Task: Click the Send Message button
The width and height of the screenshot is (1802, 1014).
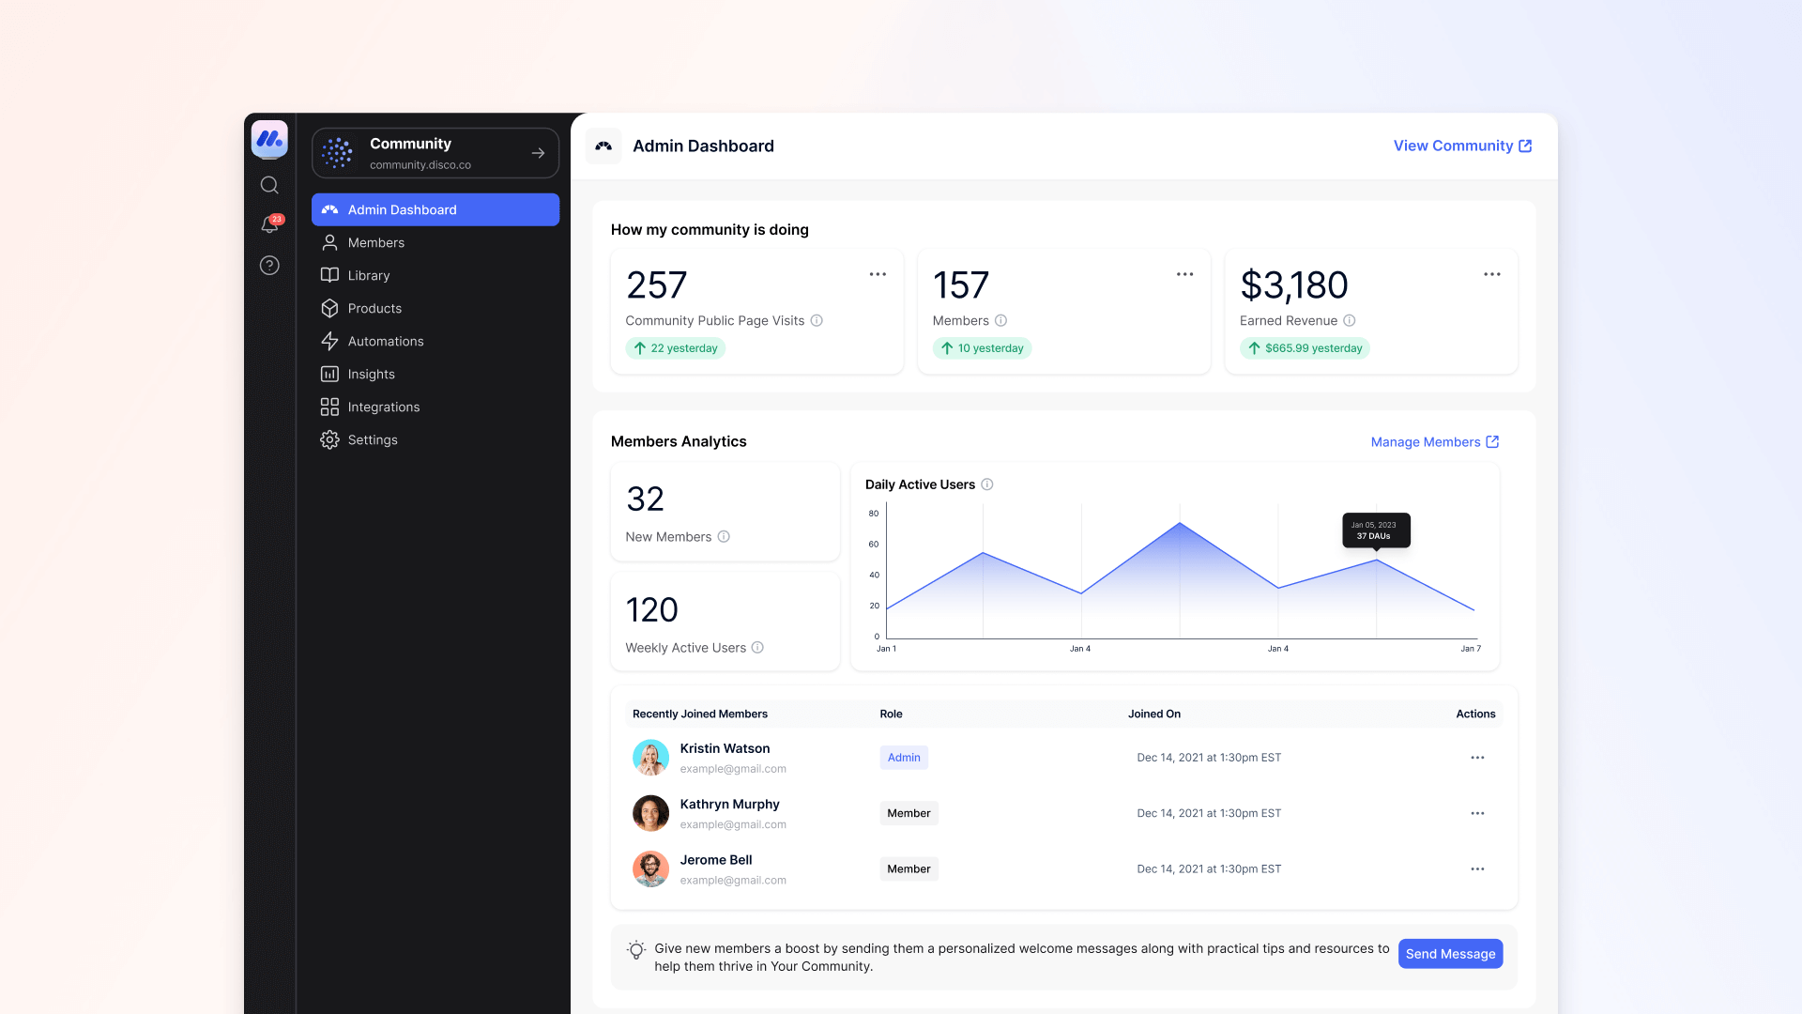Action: point(1450,954)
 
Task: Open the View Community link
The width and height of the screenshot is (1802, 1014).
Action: point(1461,146)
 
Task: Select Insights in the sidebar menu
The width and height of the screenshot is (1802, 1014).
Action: point(371,374)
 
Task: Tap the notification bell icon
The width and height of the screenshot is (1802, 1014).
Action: point(269,225)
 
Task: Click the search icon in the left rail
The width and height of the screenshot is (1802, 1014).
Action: point(269,185)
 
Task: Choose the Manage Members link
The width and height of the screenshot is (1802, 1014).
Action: point(1434,442)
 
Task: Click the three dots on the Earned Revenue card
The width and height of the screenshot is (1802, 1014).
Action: point(1491,274)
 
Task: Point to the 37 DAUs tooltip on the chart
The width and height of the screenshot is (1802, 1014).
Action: point(1376,530)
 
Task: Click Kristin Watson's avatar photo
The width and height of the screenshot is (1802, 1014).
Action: point(650,758)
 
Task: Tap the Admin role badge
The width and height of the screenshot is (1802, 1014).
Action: point(904,758)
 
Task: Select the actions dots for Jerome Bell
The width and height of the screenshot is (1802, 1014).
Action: point(1477,869)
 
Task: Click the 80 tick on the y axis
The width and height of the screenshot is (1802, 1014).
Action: point(874,514)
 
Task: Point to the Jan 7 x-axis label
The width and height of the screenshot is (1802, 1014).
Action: point(1471,649)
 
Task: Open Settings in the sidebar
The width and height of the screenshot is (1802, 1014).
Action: point(372,439)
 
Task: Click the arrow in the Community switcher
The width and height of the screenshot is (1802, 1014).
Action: point(538,153)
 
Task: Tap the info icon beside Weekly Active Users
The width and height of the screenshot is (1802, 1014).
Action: point(757,648)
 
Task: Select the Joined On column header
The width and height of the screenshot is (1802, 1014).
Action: point(1153,714)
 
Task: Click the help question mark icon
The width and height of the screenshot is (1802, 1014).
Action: point(269,266)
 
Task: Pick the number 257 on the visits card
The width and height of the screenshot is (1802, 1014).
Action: point(656,285)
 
